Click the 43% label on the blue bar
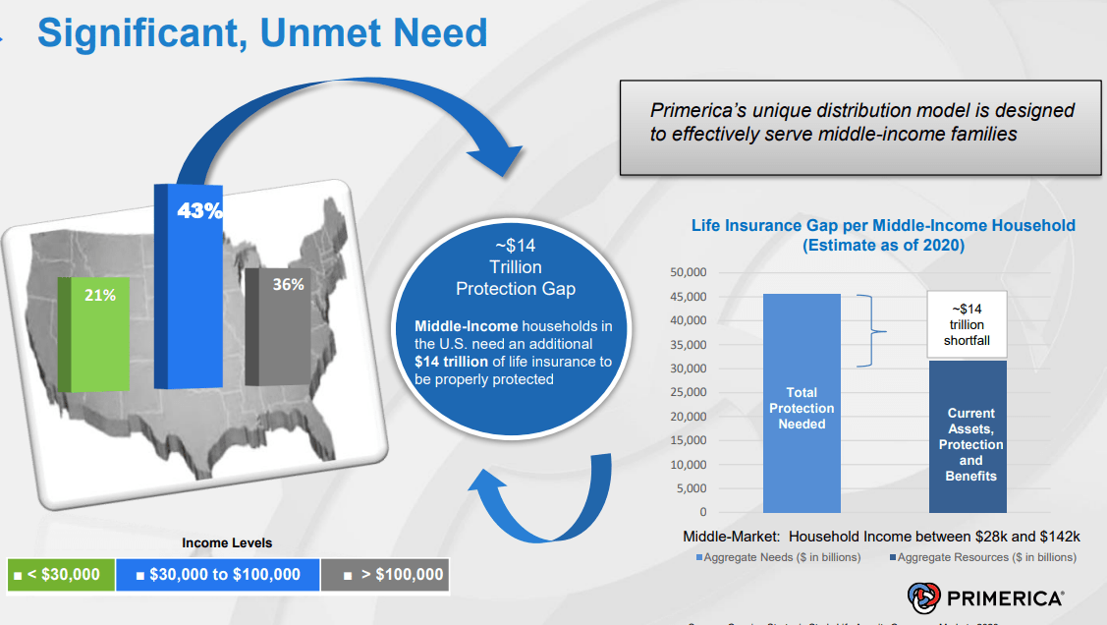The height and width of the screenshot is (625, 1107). pyautogui.click(x=199, y=210)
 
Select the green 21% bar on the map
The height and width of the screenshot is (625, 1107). pyautogui.click(x=94, y=334)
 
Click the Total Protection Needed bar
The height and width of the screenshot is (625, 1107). pyautogui.click(x=802, y=403)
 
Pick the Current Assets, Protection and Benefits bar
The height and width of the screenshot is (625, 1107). pyautogui.click(x=970, y=436)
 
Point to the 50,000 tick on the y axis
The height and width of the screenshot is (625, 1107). pyautogui.click(x=688, y=272)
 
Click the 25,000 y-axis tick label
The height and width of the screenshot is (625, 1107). pyautogui.click(x=688, y=392)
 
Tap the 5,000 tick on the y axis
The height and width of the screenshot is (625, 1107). pyautogui.click(x=692, y=488)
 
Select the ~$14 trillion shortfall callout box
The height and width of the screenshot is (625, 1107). pyautogui.click(x=967, y=325)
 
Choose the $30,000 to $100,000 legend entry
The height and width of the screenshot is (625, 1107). pyautogui.click(x=218, y=575)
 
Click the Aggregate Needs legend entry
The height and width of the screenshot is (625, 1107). pyautogui.click(x=778, y=557)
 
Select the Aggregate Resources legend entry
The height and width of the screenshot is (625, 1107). pyautogui.click(x=982, y=557)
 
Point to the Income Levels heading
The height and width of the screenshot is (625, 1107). pyautogui.click(x=227, y=542)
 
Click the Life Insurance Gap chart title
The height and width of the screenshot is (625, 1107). pyautogui.click(x=883, y=235)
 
